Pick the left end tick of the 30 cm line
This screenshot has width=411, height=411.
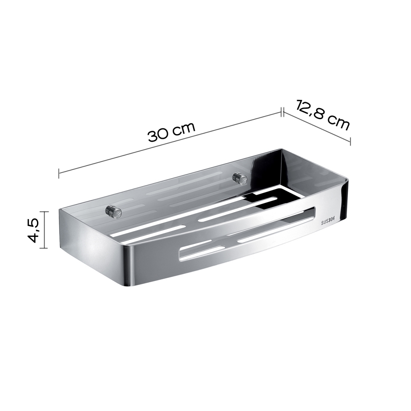point(60,173)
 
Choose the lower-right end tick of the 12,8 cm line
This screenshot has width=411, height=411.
point(350,140)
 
